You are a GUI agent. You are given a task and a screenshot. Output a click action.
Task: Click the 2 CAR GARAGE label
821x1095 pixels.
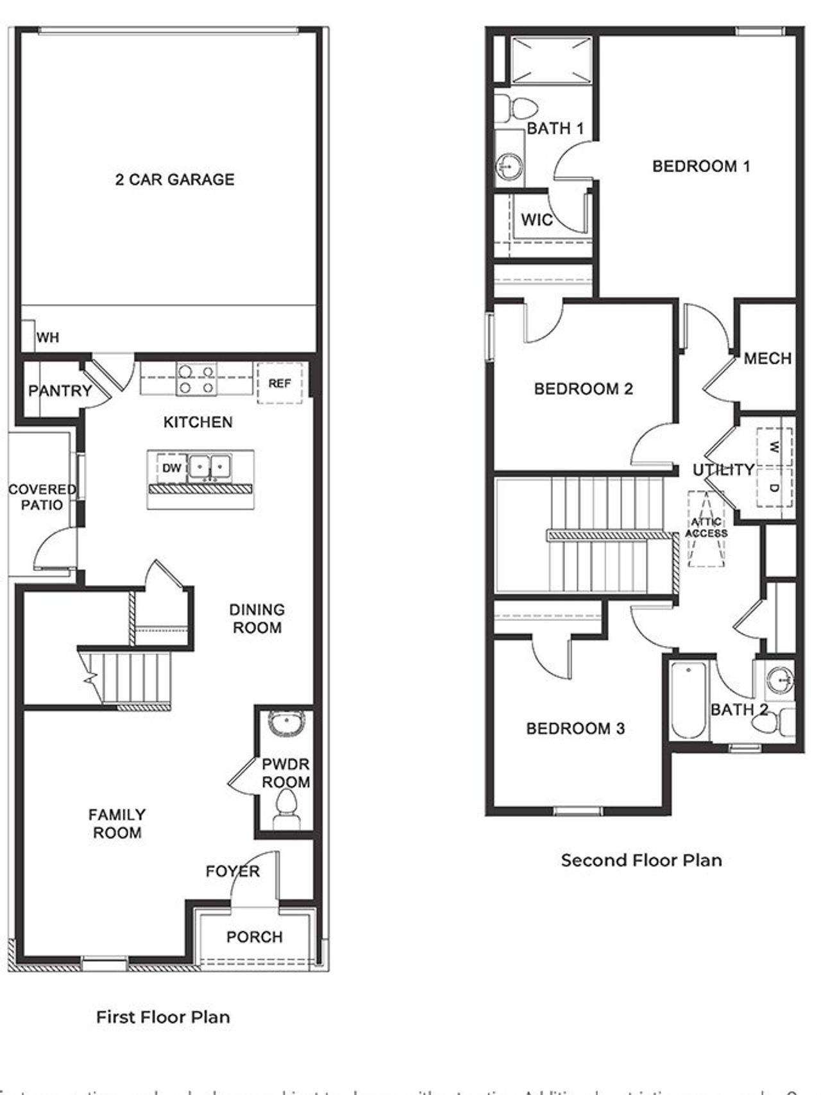[x=174, y=180]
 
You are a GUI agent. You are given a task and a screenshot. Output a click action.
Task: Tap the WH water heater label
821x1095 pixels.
[x=47, y=337]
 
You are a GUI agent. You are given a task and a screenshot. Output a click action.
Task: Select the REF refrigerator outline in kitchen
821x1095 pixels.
[x=280, y=384]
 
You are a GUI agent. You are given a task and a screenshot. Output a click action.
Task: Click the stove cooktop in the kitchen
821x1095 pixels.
[x=196, y=379]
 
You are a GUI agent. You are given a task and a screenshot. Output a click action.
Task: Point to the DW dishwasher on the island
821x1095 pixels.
[x=171, y=468]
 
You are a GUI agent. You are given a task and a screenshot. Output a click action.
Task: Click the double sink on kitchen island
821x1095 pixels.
[x=210, y=466]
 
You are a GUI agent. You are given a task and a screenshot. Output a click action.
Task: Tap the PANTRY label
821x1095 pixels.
[x=60, y=391]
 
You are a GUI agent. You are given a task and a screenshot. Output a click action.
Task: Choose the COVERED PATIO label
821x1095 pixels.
[x=42, y=497]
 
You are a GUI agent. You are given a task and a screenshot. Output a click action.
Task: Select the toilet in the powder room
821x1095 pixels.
[x=285, y=808]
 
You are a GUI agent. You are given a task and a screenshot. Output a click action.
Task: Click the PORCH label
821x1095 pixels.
[x=254, y=937]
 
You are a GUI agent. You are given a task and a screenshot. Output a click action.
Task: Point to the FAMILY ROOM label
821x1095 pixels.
[x=117, y=824]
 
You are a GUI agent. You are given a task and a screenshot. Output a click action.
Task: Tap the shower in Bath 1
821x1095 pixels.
[x=551, y=60]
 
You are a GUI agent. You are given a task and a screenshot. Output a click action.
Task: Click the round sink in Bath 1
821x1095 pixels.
[x=509, y=167]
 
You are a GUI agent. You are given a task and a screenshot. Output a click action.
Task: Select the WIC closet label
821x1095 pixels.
[x=536, y=220]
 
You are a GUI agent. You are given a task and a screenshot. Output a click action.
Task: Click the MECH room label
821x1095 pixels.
[x=767, y=359]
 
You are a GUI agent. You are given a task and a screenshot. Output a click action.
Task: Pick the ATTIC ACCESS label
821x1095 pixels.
[x=706, y=528]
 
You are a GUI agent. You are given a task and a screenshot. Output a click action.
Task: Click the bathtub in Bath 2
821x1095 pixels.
[x=689, y=700]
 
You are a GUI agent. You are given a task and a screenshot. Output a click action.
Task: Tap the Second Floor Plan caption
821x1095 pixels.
[x=641, y=860]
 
